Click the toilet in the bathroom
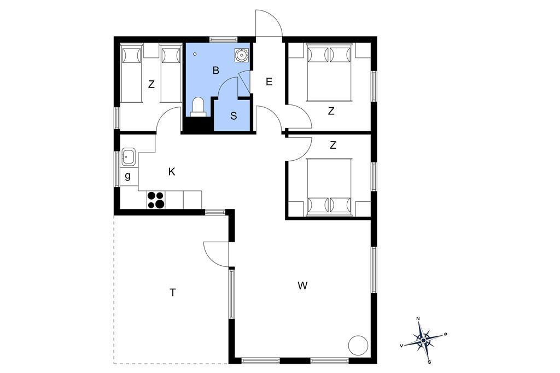tap(198, 107)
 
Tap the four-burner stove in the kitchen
tap(156, 200)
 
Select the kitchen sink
tap(128, 156)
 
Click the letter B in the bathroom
tap(215, 71)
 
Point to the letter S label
tap(234, 116)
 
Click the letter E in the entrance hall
tap(269, 82)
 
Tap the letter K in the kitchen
tap(172, 172)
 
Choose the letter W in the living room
tap(302, 285)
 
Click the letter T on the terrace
tap(173, 293)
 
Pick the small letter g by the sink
tap(128, 176)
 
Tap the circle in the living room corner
tap(358, 346)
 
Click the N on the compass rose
tap(418, 319)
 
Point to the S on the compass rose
tap(429, 362)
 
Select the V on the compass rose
tap(402, 346)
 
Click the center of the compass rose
tap(424, 341)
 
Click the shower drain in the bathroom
tap(195, 54)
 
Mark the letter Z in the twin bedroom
tap(151, 85)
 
